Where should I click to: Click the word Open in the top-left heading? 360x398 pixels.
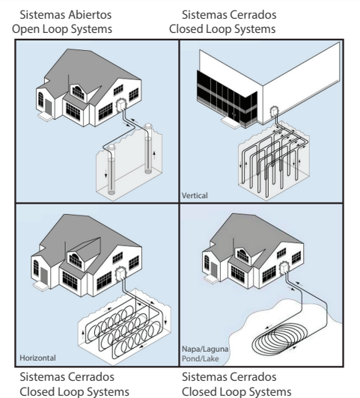(25, 29)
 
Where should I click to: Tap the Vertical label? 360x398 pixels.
(195, 196)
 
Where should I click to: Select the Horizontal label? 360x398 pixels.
(38, 358)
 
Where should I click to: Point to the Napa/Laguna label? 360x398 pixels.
(205, 349)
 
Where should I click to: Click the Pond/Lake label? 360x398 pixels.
(201, 358)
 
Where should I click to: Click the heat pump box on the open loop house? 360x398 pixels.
(120, 105)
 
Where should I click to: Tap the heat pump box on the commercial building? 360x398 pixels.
(274, 111)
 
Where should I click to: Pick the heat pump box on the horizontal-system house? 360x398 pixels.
(120, 273)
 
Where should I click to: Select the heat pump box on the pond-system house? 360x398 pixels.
(284, 269)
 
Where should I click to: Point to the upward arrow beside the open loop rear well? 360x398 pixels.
(154, 155)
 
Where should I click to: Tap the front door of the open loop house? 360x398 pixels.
(48, 107)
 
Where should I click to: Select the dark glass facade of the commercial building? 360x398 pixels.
(227, 99)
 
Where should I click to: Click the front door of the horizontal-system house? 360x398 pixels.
(44, 276)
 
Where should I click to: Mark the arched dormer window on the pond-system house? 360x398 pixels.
(243, 255)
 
